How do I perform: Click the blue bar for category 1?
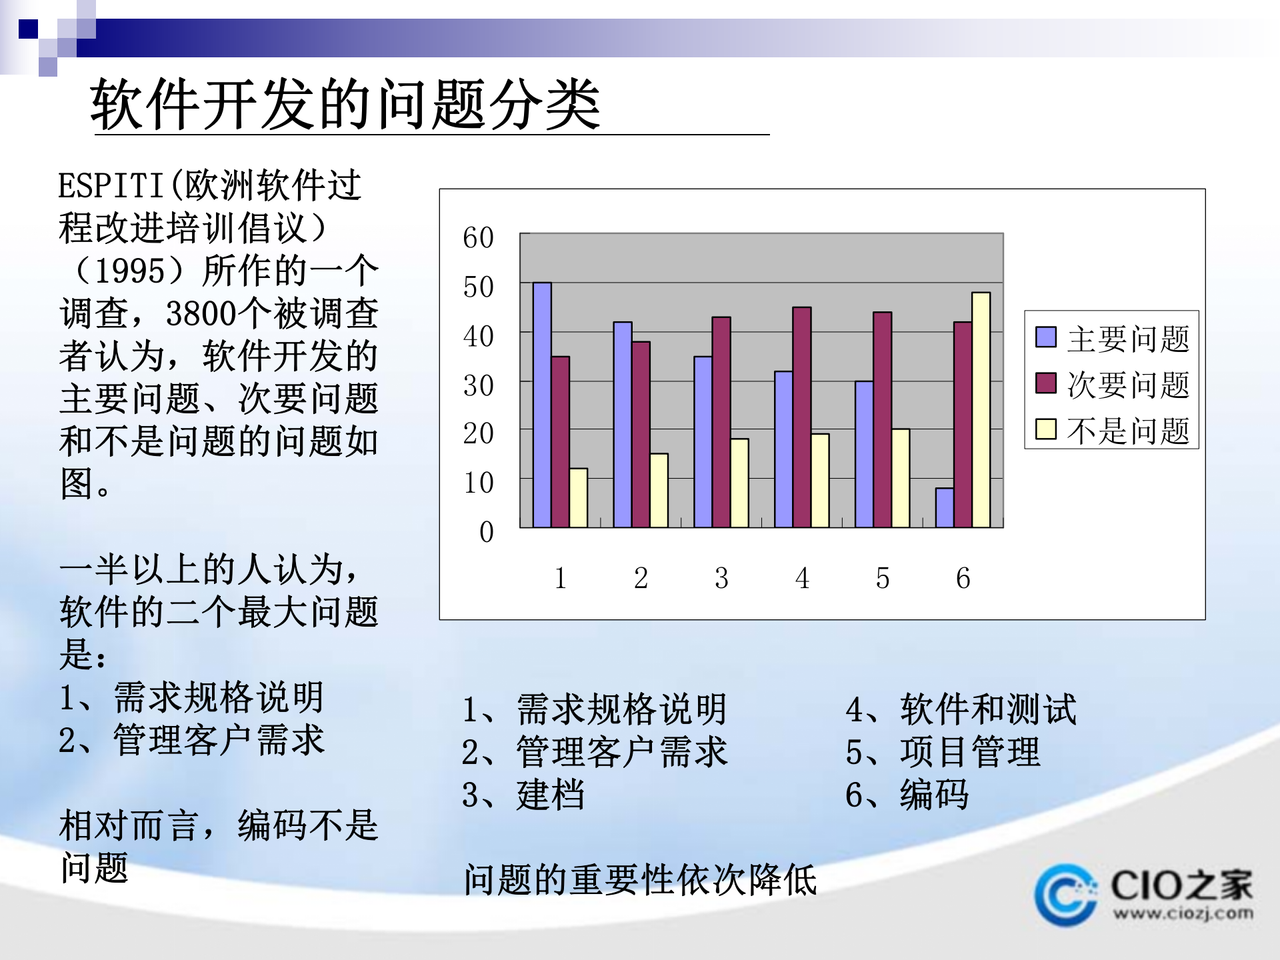(x=542, y=405)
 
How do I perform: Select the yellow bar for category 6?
(x=981, y=410)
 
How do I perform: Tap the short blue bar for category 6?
(x=945, y=508)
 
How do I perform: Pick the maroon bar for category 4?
(x=801, y=417)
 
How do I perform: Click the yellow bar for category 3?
(x=739, y=483)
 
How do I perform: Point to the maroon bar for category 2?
(x=641, y=435)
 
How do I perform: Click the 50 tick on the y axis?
(x=478, y=287)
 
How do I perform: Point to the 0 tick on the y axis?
(x=486, y=532)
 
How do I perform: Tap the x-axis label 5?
(x=882, y=578)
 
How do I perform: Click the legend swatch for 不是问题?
(x=1045, y=429)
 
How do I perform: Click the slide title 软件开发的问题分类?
(x=345, y=105)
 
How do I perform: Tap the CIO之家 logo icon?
(x=1065, y=895)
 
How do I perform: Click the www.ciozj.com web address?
(x=1183, y=913)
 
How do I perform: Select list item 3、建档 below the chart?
(x=523, y=795)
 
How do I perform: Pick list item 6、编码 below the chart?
(x=907, y=795)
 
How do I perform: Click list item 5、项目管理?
(x=943, y=752)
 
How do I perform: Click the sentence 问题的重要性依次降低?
(x=640, y=879)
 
